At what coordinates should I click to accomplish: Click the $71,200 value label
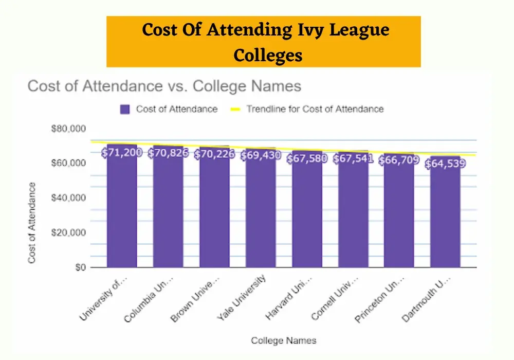[122, 153]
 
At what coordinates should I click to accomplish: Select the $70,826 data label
[168, 153]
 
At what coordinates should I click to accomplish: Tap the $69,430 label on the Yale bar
[261, 155]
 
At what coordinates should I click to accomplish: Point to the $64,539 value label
[445, 165]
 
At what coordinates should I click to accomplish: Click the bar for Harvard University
[307, 216]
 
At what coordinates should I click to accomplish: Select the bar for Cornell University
[353, 216]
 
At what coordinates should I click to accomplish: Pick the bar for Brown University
[214, 216]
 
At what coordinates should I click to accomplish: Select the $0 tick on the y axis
[78, 267]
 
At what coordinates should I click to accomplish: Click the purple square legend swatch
[125, 109]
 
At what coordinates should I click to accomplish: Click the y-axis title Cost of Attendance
[32, 223]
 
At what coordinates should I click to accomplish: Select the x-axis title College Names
[284, 340]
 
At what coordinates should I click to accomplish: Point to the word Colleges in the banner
[267, 55]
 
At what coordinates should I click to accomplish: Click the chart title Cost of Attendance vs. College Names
[164, 86]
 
